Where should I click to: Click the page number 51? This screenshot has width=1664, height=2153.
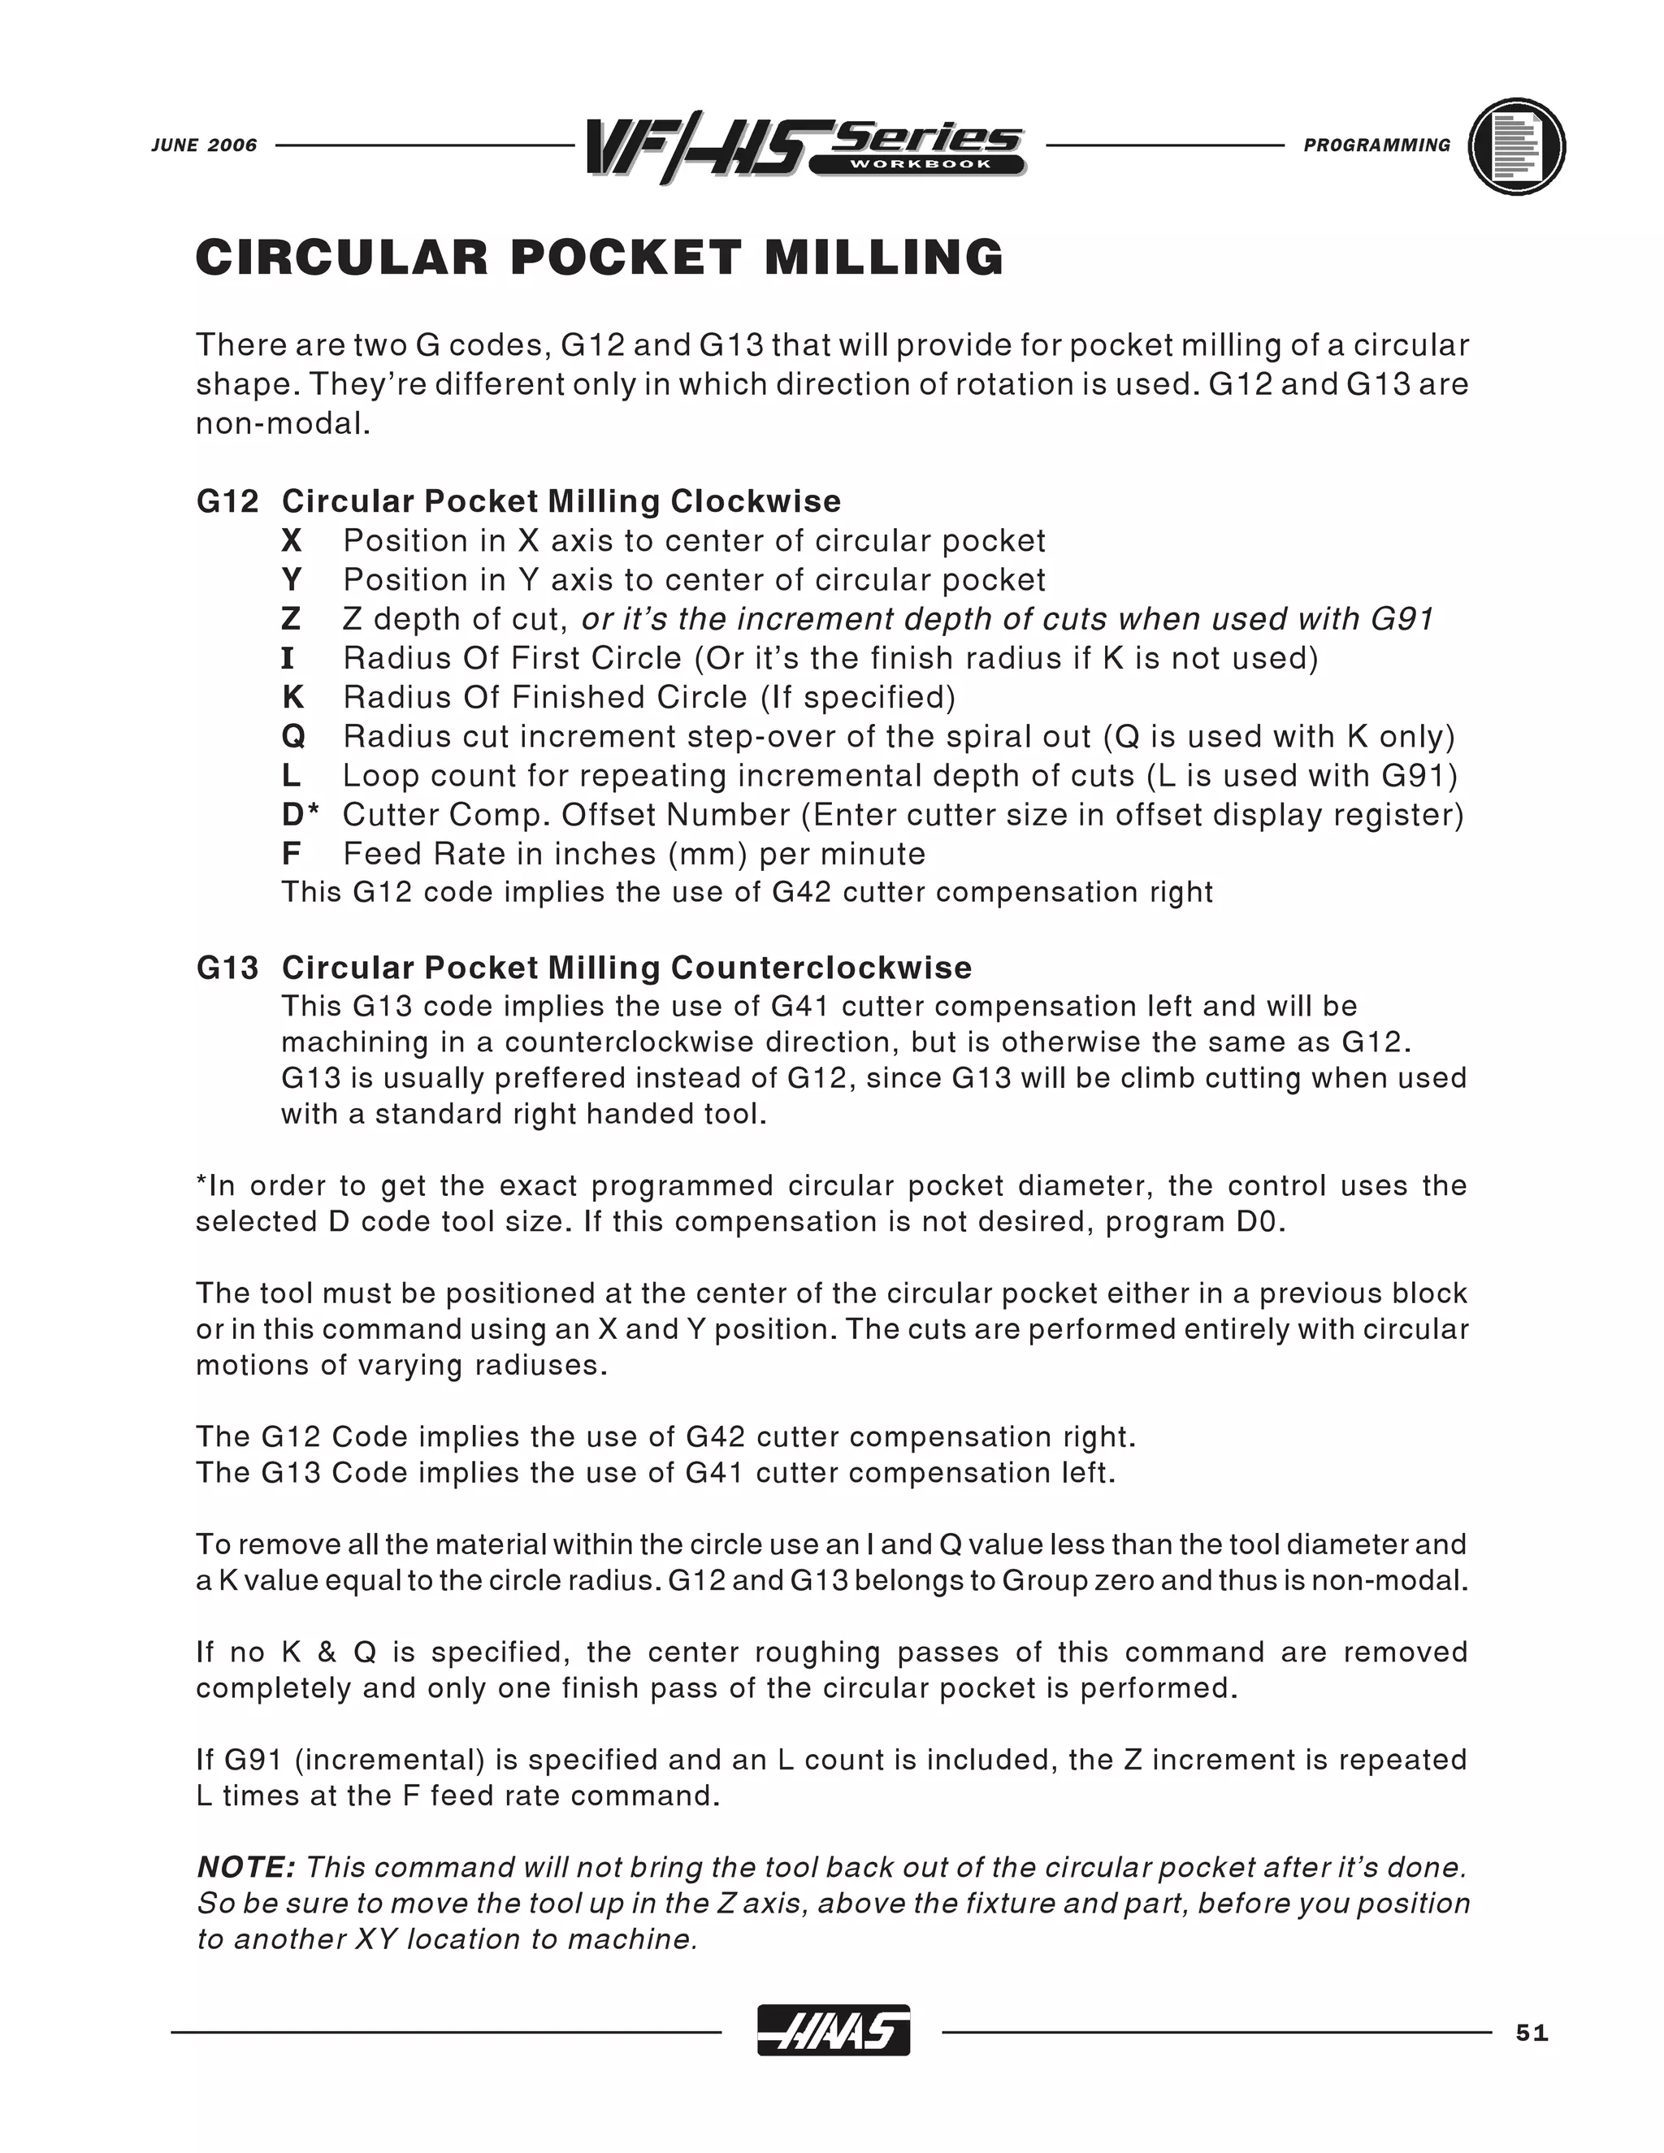click(x=1532, y=2034)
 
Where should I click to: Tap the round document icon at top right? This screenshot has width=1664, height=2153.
click(x=1516, y=147)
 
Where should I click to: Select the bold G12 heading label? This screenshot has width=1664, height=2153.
click(x=227, y=502)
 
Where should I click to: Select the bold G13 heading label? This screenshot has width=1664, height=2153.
click(x=227, y=968)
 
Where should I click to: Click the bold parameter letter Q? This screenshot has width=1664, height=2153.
click(x=292, y=736)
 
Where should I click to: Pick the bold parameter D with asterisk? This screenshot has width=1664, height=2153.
click(x=301, y=814)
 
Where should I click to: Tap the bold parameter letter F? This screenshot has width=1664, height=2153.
click(x=291, y=854)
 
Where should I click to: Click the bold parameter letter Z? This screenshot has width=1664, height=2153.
click(x=291, y=619)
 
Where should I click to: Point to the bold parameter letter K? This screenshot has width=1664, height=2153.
click(x=292, y=697)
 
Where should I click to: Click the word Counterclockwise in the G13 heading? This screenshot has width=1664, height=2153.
click(x=821, y=968)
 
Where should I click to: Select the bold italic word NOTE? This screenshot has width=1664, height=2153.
click(x=246, y=1867)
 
